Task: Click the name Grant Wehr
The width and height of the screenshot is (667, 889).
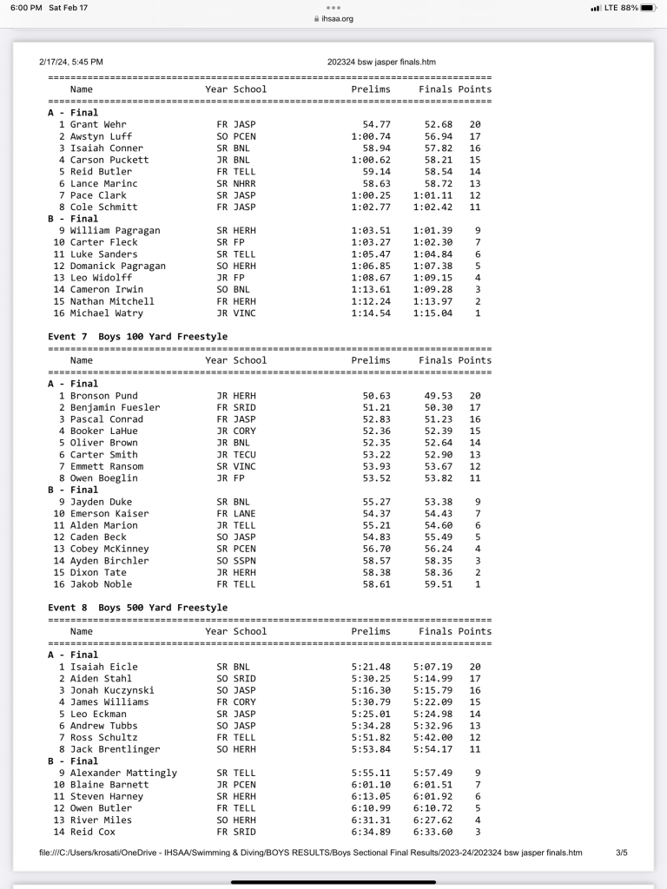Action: [97, 124]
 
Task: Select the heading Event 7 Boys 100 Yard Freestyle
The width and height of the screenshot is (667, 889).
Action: [137, 336]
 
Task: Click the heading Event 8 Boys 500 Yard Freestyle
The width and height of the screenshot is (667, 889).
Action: [137, 608]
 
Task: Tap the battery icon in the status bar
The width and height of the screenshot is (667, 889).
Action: [649, 8]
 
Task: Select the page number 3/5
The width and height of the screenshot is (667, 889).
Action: [622, 853]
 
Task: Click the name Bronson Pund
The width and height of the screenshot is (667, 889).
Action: [103, 395]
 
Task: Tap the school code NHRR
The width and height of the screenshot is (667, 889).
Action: [244, 183]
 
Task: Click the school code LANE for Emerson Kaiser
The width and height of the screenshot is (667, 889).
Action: [244, 513]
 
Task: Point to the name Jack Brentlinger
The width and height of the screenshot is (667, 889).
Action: [115, 749]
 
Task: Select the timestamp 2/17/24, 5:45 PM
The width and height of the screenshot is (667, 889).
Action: [71, 62]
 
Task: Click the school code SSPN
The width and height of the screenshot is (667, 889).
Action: [244, 561]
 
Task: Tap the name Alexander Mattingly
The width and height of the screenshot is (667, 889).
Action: [123, 773]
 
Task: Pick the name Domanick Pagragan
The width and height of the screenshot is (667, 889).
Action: [117, 266]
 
